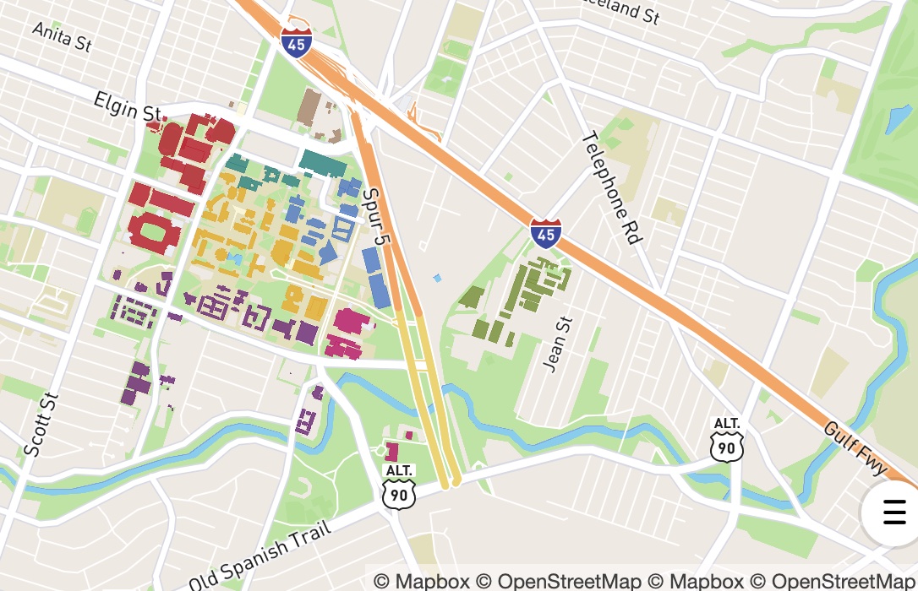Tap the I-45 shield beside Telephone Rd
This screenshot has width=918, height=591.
point(546,231)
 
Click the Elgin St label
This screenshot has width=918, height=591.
point(127,109)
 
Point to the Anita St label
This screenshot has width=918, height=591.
point(62,36)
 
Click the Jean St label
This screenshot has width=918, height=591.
point(559,344)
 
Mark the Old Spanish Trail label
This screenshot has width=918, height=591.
point(267,556)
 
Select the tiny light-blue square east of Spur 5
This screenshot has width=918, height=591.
point(437,278)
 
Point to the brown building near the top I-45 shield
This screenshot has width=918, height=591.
point(309,106)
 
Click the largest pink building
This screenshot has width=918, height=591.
point(352,322)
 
